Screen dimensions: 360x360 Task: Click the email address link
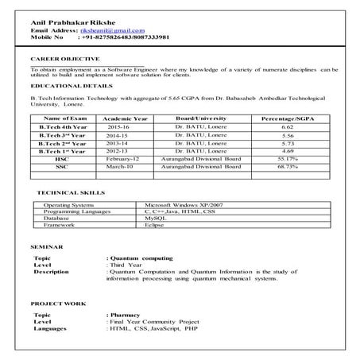click(x=111, y=29)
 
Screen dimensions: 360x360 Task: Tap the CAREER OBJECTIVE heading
click(x=65, y=60)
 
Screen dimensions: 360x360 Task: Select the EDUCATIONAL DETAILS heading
click(x=71, y=86)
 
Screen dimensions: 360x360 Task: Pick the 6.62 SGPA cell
click(x=288, y=126)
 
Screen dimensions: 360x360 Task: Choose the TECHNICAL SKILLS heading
click(x=70, y=193)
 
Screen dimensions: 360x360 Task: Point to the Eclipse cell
click(x=155, y=225)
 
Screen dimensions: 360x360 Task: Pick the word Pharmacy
click(x=128, y=315)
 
